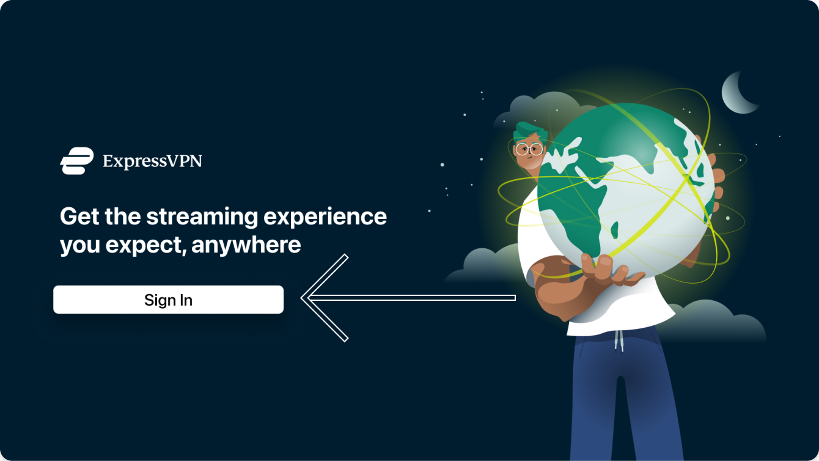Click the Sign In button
[x=168, y=300]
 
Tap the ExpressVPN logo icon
[x=77, y=161]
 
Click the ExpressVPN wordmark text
[x=152, y=161]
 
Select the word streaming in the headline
[x=202, y=217]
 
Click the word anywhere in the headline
[x=246, y=245]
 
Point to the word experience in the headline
[x=325, y=217]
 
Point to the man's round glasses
[x=529, y=149]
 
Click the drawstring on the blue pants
[x=619, y=341]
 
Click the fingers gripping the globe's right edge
[x=716, y=183]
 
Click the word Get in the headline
[x=79, y=216]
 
